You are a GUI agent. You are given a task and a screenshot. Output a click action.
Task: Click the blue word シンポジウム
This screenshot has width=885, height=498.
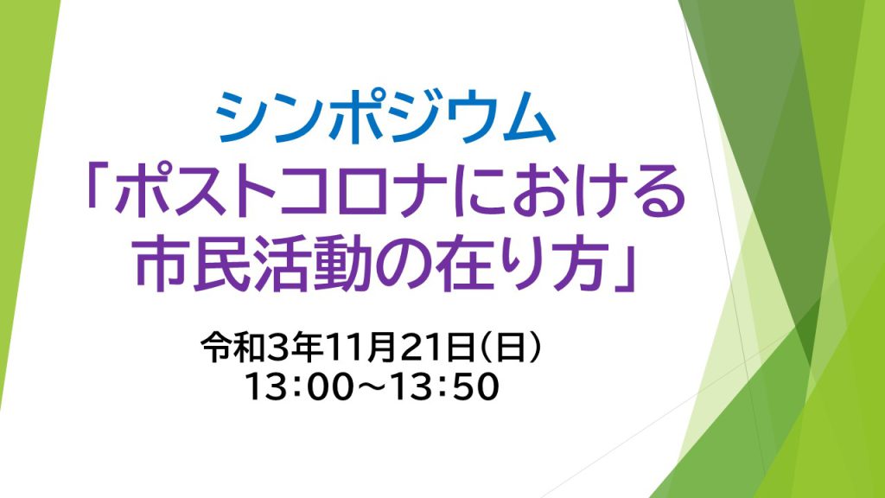point(385,118)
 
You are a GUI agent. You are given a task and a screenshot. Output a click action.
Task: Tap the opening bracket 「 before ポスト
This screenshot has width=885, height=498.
point(99,183)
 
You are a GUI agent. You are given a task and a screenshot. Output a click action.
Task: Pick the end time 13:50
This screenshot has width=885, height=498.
point(445,386)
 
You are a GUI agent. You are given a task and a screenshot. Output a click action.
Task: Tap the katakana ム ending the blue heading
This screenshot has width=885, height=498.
point(528,118)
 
